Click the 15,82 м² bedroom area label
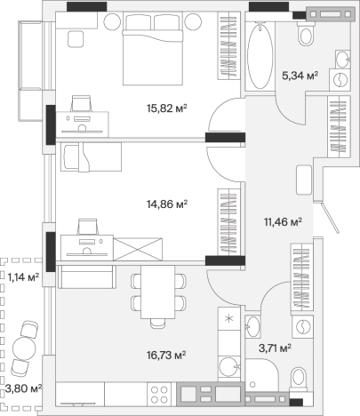(x=167, y=108)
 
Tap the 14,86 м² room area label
(x=167, y=204)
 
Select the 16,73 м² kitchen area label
(x=166, y=355)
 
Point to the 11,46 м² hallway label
(x=283, y=221)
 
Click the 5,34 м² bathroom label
(x=300, y=76)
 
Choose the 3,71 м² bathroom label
(x=275, y=348)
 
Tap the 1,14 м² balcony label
(x=23, y=277)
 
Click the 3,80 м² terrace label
(x=23, y=388)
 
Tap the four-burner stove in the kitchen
(x=160, y=394)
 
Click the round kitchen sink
(x=228, y=366)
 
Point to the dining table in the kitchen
(x=157, y=292)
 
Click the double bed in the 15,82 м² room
(x=153, y=49)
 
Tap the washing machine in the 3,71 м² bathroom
(x=302, y=326)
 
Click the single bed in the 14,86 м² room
(x=92, y=156)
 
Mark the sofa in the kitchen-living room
(x=86, y=276)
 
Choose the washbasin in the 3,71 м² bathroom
(x=252, y=326)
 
